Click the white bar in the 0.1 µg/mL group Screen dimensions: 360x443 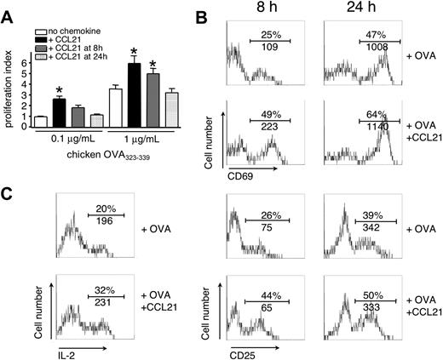39,122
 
